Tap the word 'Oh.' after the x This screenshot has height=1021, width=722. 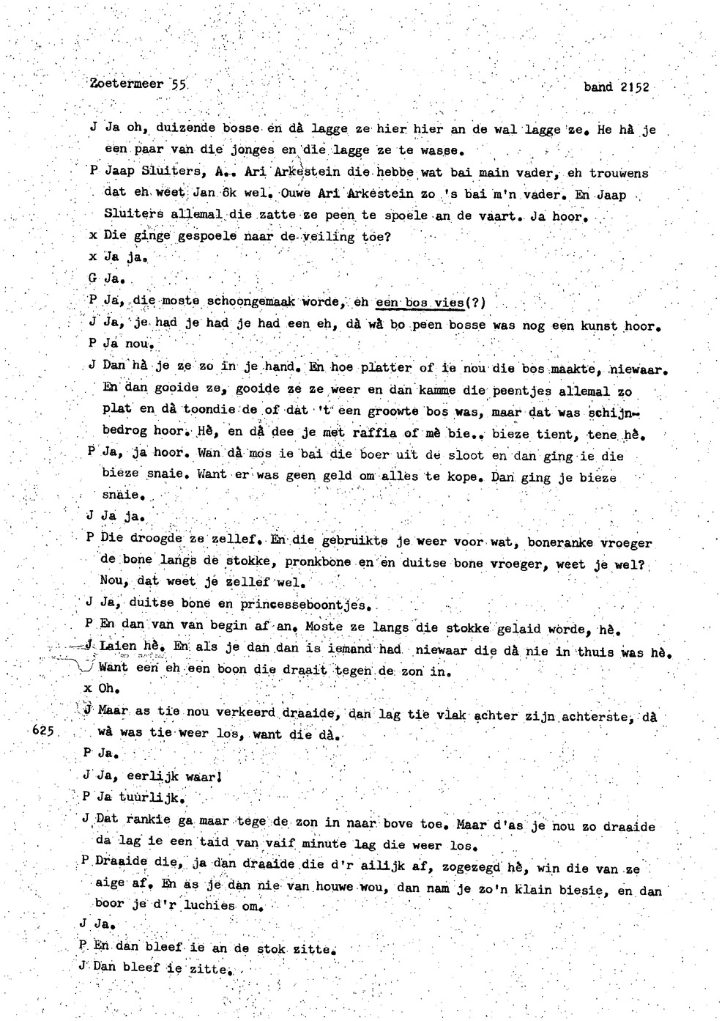pyautogui.click(x=109, y=688)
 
